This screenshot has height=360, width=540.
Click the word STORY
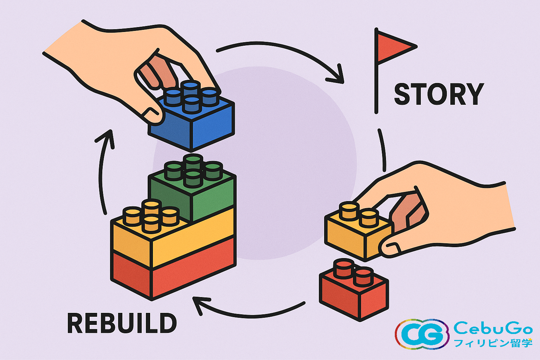(x=439, y=94)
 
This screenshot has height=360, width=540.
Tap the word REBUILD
(x=122, y=323)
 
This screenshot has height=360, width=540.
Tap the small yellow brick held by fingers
(x=355, y=234)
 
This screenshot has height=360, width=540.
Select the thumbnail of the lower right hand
(x=390, y=249)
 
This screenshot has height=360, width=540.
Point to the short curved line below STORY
(x=382, y=149)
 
